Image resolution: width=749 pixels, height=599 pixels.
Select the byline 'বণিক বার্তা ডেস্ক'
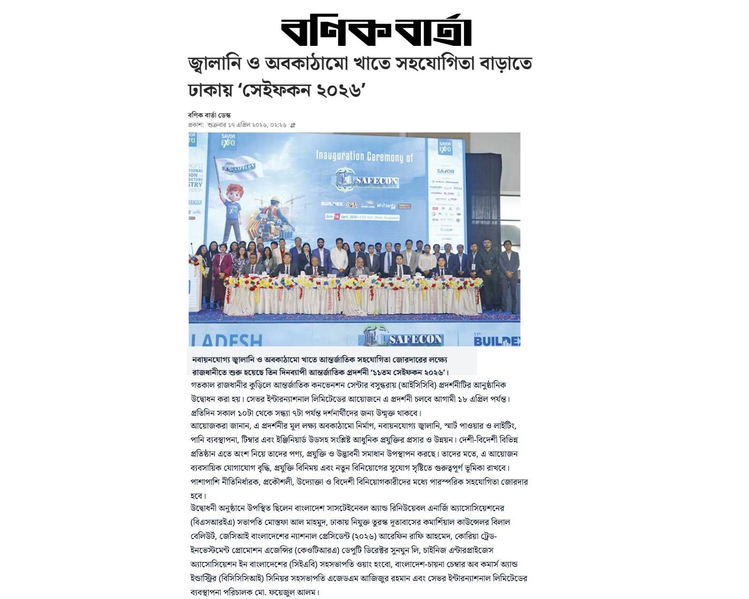(x=209, y=115)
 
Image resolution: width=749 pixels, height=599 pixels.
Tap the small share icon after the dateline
(x=293, y=125)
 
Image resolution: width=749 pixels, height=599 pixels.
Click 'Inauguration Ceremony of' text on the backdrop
(x=365, y=156)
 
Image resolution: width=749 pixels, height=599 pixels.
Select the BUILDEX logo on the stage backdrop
(x=332, y=204)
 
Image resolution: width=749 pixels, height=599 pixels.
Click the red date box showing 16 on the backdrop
(x=336, y=217)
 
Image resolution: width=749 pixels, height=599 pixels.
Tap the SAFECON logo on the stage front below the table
(x=403, y=338)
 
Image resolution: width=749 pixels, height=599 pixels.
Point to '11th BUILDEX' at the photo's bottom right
(x=496, y=340)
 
